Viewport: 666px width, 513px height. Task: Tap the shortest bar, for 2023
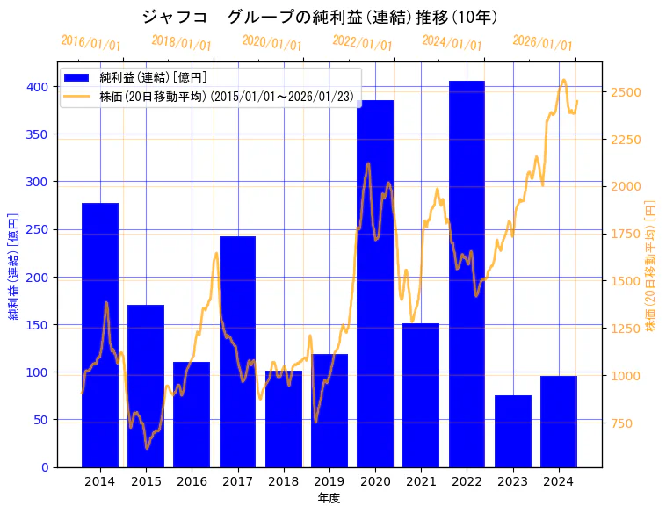(513, 431)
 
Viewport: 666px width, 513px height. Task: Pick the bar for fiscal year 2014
(100, 335)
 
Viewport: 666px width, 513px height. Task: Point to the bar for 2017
(237, 351)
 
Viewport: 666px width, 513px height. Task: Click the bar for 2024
(559, 422)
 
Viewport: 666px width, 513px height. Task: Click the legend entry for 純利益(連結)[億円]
(153, 78)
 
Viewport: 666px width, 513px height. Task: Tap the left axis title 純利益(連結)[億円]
(14, 264)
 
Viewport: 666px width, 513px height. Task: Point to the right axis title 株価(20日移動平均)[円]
(651, 264)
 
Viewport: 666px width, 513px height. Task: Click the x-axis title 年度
(329, 498)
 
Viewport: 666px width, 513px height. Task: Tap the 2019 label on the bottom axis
(329, 481)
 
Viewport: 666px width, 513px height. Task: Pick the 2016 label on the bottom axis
(192, 481)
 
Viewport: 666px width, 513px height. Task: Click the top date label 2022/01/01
(362, 43)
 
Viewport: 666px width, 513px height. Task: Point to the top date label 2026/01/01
(542, 43)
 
